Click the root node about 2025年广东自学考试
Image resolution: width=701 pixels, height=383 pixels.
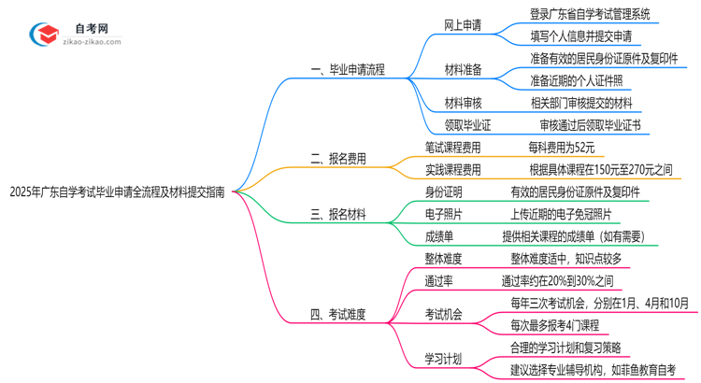(117, 192)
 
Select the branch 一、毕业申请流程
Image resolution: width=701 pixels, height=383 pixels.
(346, 69)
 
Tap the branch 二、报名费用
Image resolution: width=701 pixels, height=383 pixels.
(338, 160)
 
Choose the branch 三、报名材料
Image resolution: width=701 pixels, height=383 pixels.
(338, 214)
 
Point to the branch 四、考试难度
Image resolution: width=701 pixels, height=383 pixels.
(338, 315)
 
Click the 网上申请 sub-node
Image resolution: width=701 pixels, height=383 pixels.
(463, 25)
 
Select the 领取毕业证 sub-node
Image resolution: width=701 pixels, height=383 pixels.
(467, 124)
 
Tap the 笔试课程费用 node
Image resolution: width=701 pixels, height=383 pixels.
(452, 147)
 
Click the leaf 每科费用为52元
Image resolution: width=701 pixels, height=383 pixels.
(561, 147)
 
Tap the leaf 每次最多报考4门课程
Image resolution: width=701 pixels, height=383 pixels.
(554, 325)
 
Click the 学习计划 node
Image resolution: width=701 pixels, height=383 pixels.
(443, 359)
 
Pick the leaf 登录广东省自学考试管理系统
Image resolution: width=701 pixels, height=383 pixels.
(589, 14)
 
